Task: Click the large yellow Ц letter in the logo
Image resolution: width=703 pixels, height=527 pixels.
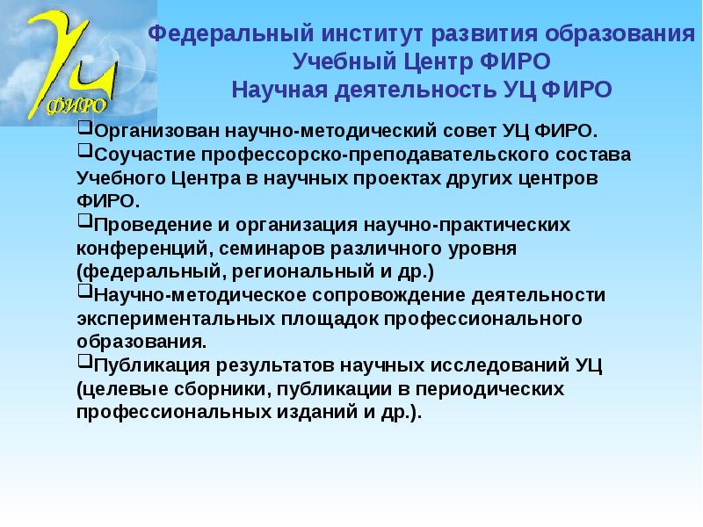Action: pyautogui.click(x=88, y=61)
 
